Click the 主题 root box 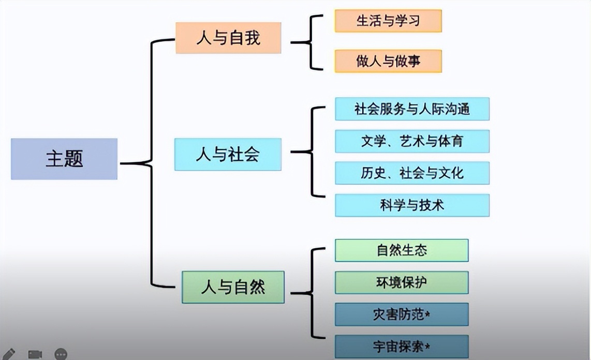point(64,159)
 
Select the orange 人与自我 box point(228,38)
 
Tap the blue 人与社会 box point(228,154)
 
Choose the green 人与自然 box point(233,287)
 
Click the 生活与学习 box point(388,21)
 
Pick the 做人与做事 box point(388,61)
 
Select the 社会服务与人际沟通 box point(412,109)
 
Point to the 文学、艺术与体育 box point(412,141)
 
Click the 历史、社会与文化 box point(412,173)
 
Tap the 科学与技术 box point(412,205)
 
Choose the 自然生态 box point(402,250)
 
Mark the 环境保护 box point(402,282)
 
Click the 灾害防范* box point(402,314)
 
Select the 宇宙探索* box point(402,346)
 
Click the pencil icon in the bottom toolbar point(9,354)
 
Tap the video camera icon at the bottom point(35,354)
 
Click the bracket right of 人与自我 point(310,42)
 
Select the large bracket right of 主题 point(151,163)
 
